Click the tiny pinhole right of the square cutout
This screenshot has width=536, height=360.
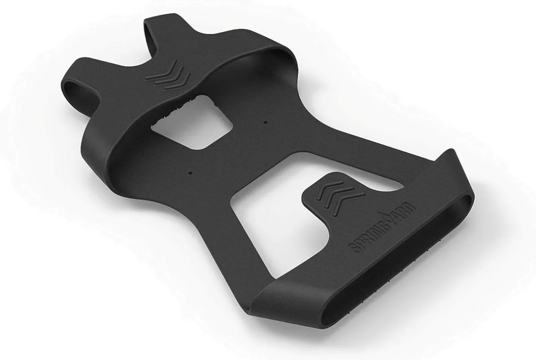(x=265, y=121)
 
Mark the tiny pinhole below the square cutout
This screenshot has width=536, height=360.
(x=190, y=172)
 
